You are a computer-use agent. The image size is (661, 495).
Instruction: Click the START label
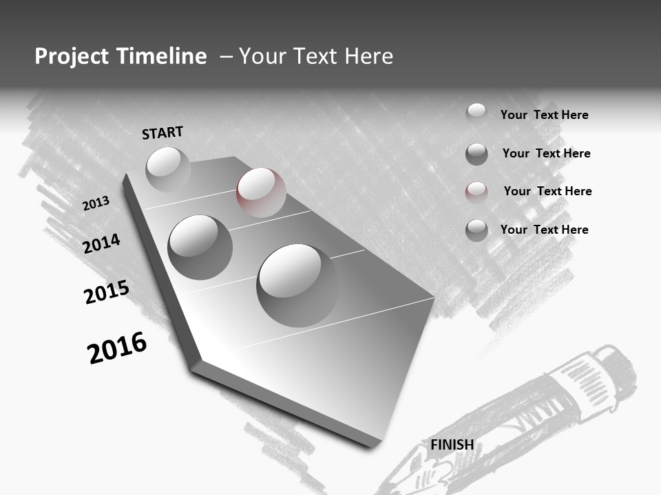(162, 133)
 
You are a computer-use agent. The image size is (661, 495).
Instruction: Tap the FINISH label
(452, 445)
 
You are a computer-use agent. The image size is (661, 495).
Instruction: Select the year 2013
(96, 203)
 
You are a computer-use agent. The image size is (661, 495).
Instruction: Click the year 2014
(101, 243)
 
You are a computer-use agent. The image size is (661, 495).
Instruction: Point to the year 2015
(106, 292)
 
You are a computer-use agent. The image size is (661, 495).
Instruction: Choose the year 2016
(117, 348)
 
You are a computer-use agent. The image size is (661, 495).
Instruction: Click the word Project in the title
(70, 56)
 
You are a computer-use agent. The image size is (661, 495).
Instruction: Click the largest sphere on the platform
(297, 285)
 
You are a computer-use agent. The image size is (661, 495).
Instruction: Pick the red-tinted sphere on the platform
(261, 192)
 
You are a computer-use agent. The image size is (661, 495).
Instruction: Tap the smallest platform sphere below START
(168, 169)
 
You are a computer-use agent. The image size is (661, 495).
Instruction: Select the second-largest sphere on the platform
(200, 247)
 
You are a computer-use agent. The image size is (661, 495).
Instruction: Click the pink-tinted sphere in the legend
(476, 192)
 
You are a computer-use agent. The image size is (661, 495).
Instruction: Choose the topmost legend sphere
(476, 113)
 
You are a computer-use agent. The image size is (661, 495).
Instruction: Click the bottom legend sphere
(476, 230)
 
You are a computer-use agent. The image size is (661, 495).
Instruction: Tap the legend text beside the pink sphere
(547, 191)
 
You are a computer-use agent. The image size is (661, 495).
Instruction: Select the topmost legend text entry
(544, 115)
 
